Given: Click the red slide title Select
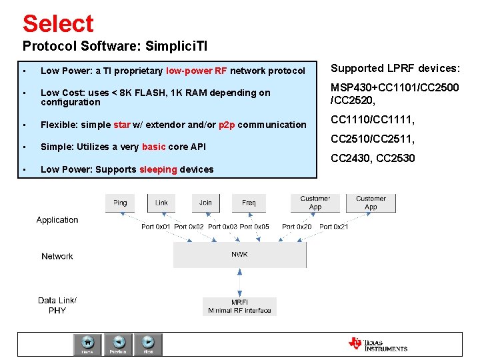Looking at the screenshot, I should (58, 23).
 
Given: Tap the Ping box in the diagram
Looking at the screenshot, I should (120, 203).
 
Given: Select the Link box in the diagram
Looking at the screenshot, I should (162, 203).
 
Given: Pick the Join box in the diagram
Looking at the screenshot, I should (206, 203).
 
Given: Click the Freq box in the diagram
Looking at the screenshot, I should (249, 203).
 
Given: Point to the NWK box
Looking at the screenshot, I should (239, 255).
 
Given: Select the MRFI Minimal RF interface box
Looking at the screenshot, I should (239, 306).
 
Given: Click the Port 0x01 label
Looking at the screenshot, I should (156, 227).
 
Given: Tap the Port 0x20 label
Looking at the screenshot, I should (297, 227).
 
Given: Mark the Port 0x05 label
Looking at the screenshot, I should (255, 227).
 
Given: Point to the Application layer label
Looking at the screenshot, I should (57, 220).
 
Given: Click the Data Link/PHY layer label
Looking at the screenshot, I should (57, 305).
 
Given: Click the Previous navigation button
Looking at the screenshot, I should (118, 344).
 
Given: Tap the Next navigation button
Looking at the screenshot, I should (148, 344).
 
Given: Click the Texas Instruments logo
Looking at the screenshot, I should (377, 344).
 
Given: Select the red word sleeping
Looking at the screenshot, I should (158, 169).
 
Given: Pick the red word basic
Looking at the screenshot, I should (153, 147).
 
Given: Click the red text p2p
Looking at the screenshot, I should (227, 125).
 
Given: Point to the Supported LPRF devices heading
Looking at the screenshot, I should (395, 69).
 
